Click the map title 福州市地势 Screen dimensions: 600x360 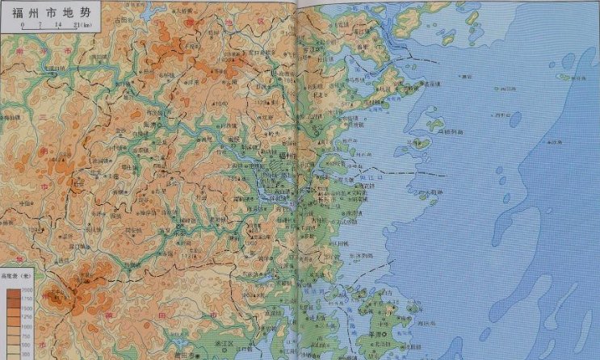click(x=50, y=10)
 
